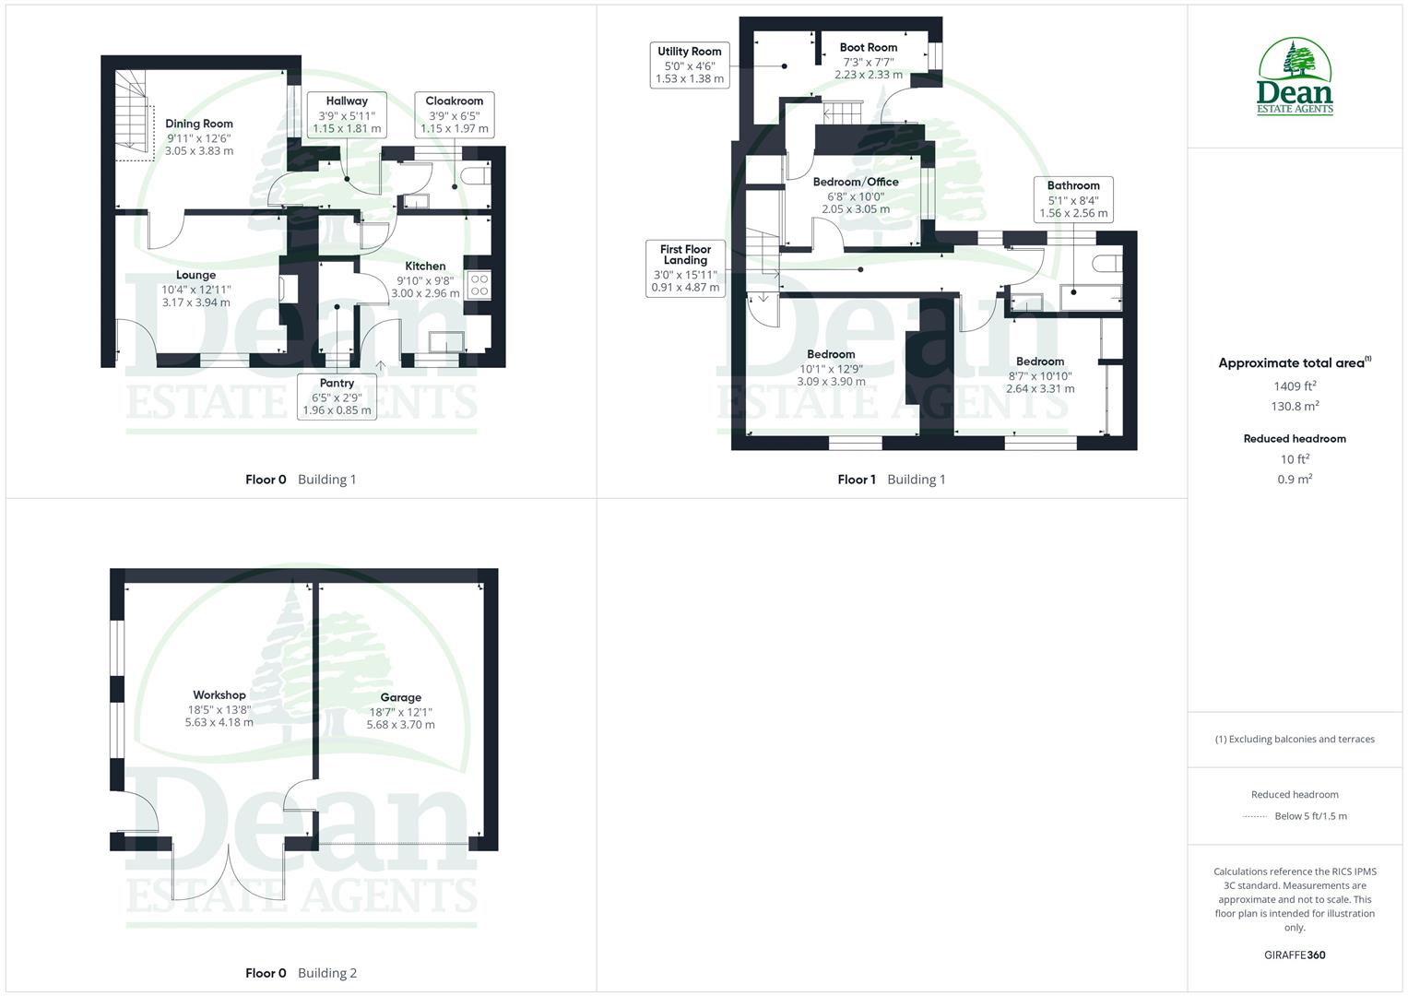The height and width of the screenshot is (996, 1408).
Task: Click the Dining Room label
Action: [x=198, y=124]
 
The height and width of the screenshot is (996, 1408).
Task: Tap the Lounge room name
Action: [x=195, y=275]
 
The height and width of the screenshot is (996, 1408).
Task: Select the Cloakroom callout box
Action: [x=455, y=115]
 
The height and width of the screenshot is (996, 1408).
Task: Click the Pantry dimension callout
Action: [x=337, y=397]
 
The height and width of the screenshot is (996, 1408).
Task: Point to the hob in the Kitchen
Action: [x=479, y=285]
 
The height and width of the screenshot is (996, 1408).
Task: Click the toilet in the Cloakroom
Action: [x=478, y=175]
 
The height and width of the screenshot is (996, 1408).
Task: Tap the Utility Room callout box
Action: [x=690, y=65]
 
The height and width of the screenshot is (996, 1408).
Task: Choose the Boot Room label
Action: [x=868, y=47]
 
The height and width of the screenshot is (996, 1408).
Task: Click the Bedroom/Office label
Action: [x=855, y=182]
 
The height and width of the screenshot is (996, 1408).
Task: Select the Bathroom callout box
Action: [x=1073, y=199]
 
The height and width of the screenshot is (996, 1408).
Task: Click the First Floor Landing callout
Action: [x=686, y=268]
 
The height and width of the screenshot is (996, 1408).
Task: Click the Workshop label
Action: [x=219, y=695]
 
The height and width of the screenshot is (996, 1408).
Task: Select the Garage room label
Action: [x=400, y=698]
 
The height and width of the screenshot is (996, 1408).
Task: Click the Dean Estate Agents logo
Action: [x=1295, y=77]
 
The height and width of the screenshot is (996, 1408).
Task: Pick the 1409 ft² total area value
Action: [x=1295, y=386]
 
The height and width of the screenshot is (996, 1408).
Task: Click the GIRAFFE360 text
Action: [x=1295, y=955]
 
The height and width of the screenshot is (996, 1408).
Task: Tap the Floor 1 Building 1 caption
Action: [x=891, y=480]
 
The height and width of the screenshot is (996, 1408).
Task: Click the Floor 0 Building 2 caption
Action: [x=301, y=973]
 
